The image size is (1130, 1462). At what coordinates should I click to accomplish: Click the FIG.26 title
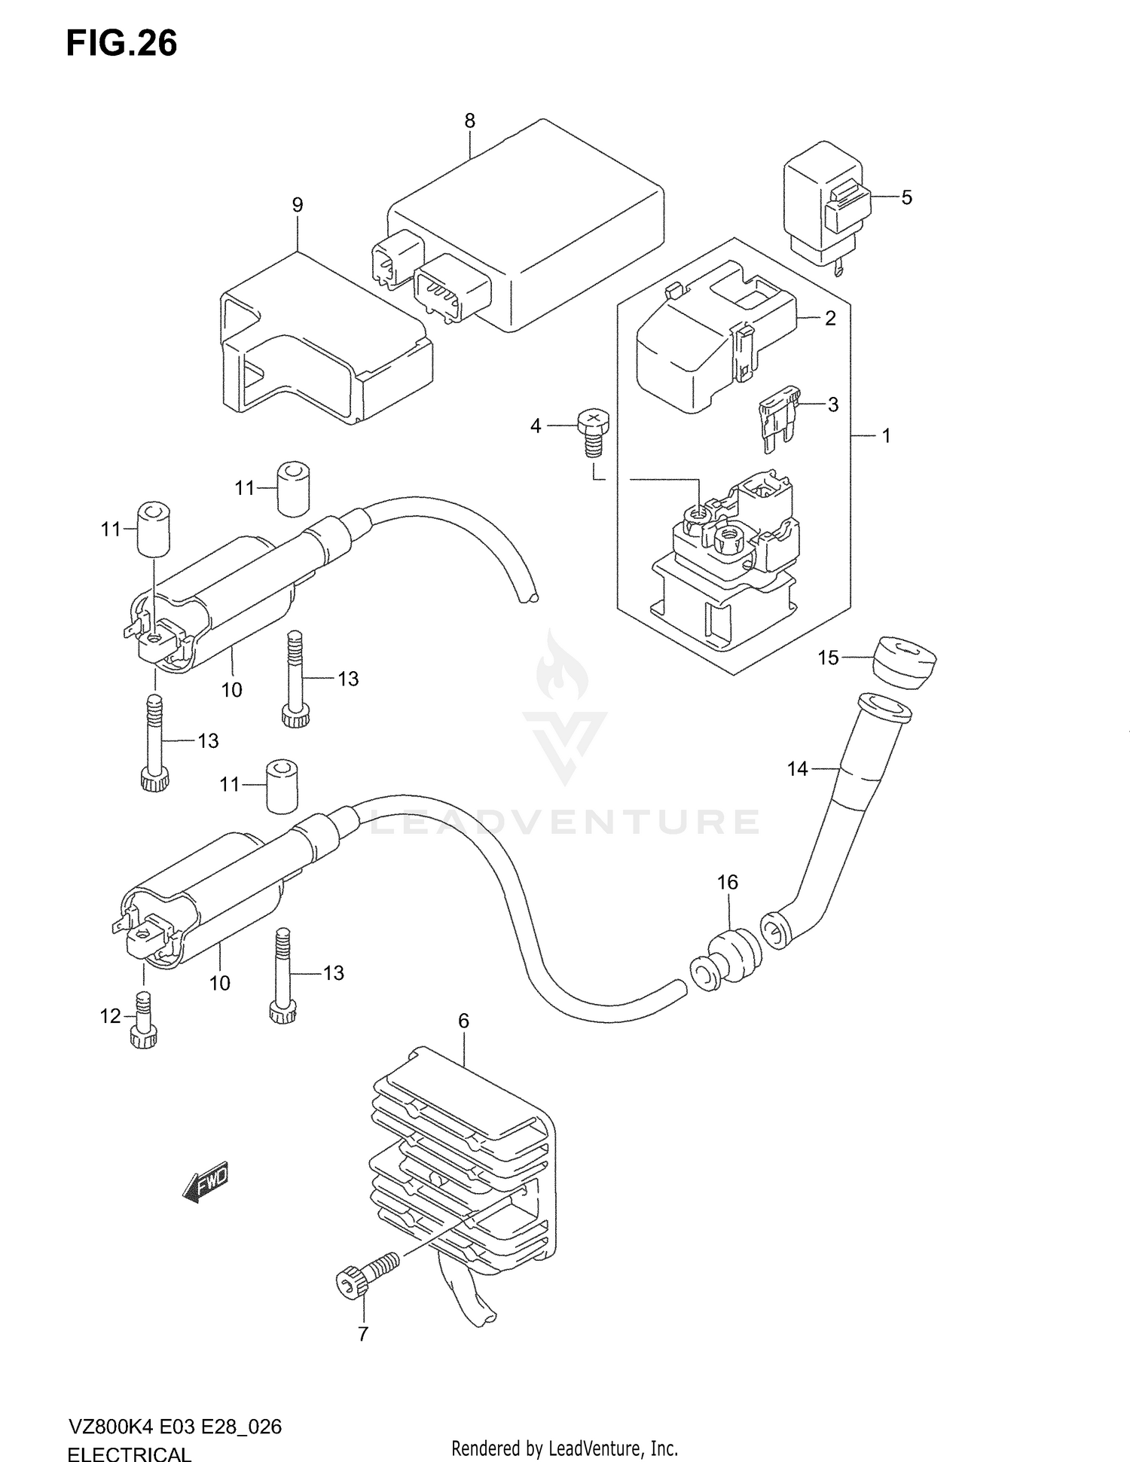click(121, 44)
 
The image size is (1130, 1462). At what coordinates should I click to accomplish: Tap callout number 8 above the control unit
click(469, 121)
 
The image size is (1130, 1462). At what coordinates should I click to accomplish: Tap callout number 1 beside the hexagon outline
click(887, 435)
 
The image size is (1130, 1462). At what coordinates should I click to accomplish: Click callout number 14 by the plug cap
click(797, 768)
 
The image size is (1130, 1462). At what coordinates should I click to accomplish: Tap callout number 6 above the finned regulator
click(463, 1021)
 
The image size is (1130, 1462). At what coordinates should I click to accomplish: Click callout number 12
click(110, 1016)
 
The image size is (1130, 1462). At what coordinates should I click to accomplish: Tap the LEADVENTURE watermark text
click(565, 823)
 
